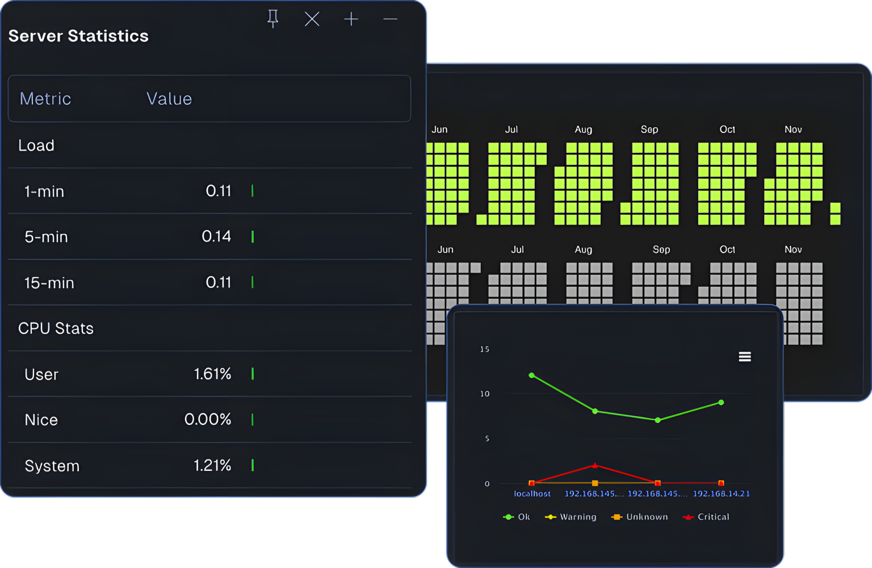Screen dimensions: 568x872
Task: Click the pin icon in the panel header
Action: tap(273, 19)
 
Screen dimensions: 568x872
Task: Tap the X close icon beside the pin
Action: tap(312, 19)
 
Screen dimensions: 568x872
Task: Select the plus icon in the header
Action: tap(351, 19)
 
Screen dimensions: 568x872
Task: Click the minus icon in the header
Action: tap(390, 19)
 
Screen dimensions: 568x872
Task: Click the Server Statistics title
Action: tap(78, 36)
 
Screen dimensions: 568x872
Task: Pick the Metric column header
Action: tap(45, 99)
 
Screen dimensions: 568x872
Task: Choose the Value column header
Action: tap(169, 99)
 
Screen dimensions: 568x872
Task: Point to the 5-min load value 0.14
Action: tap(216, 236)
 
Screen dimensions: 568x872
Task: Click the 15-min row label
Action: tap(49, 283)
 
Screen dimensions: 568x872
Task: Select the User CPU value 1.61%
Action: tap(212, 374)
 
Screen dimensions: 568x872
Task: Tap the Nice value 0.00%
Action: tap(208, 420)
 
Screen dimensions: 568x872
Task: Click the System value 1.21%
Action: tap(212, 466)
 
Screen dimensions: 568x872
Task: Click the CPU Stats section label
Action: tap(56, 328)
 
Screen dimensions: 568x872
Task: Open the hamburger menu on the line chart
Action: tap(745, 357)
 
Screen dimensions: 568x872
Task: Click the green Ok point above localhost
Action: tap(532, 375)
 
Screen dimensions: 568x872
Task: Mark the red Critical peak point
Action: tap(595, 465)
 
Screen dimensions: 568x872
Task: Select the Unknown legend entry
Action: tap(640, 517)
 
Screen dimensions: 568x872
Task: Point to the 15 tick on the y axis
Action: tap(484, 349)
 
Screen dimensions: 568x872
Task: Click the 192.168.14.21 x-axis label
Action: tap(721, 494)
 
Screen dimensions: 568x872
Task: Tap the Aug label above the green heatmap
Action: tap(583, 130)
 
